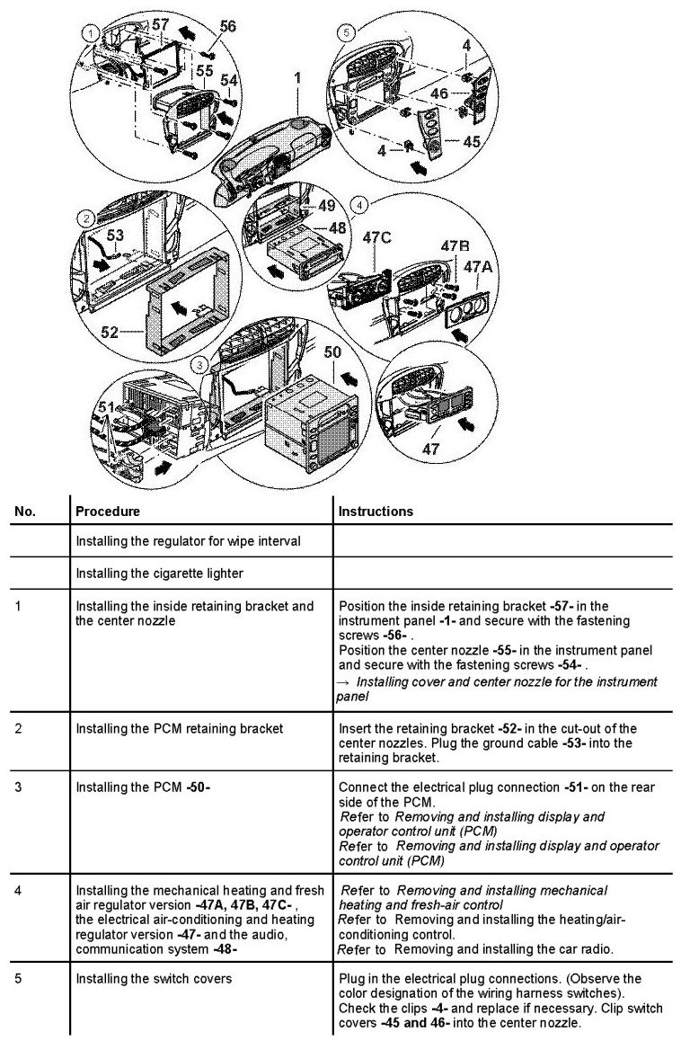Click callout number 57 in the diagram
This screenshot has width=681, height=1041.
click(160, 25)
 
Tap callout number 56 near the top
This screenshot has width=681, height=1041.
click(228, 27)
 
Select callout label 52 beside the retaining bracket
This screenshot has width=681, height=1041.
click(110, 332)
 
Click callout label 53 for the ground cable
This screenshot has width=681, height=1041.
click(115, 236)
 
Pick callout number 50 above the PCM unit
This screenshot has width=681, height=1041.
click(332, 352)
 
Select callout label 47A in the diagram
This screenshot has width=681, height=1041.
click(480, 267)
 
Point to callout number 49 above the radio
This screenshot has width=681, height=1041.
click(326, 205)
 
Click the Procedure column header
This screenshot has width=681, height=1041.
click(108, 511)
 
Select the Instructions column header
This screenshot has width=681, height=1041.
click(376, 511)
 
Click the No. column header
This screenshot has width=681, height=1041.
click(25, 511)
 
